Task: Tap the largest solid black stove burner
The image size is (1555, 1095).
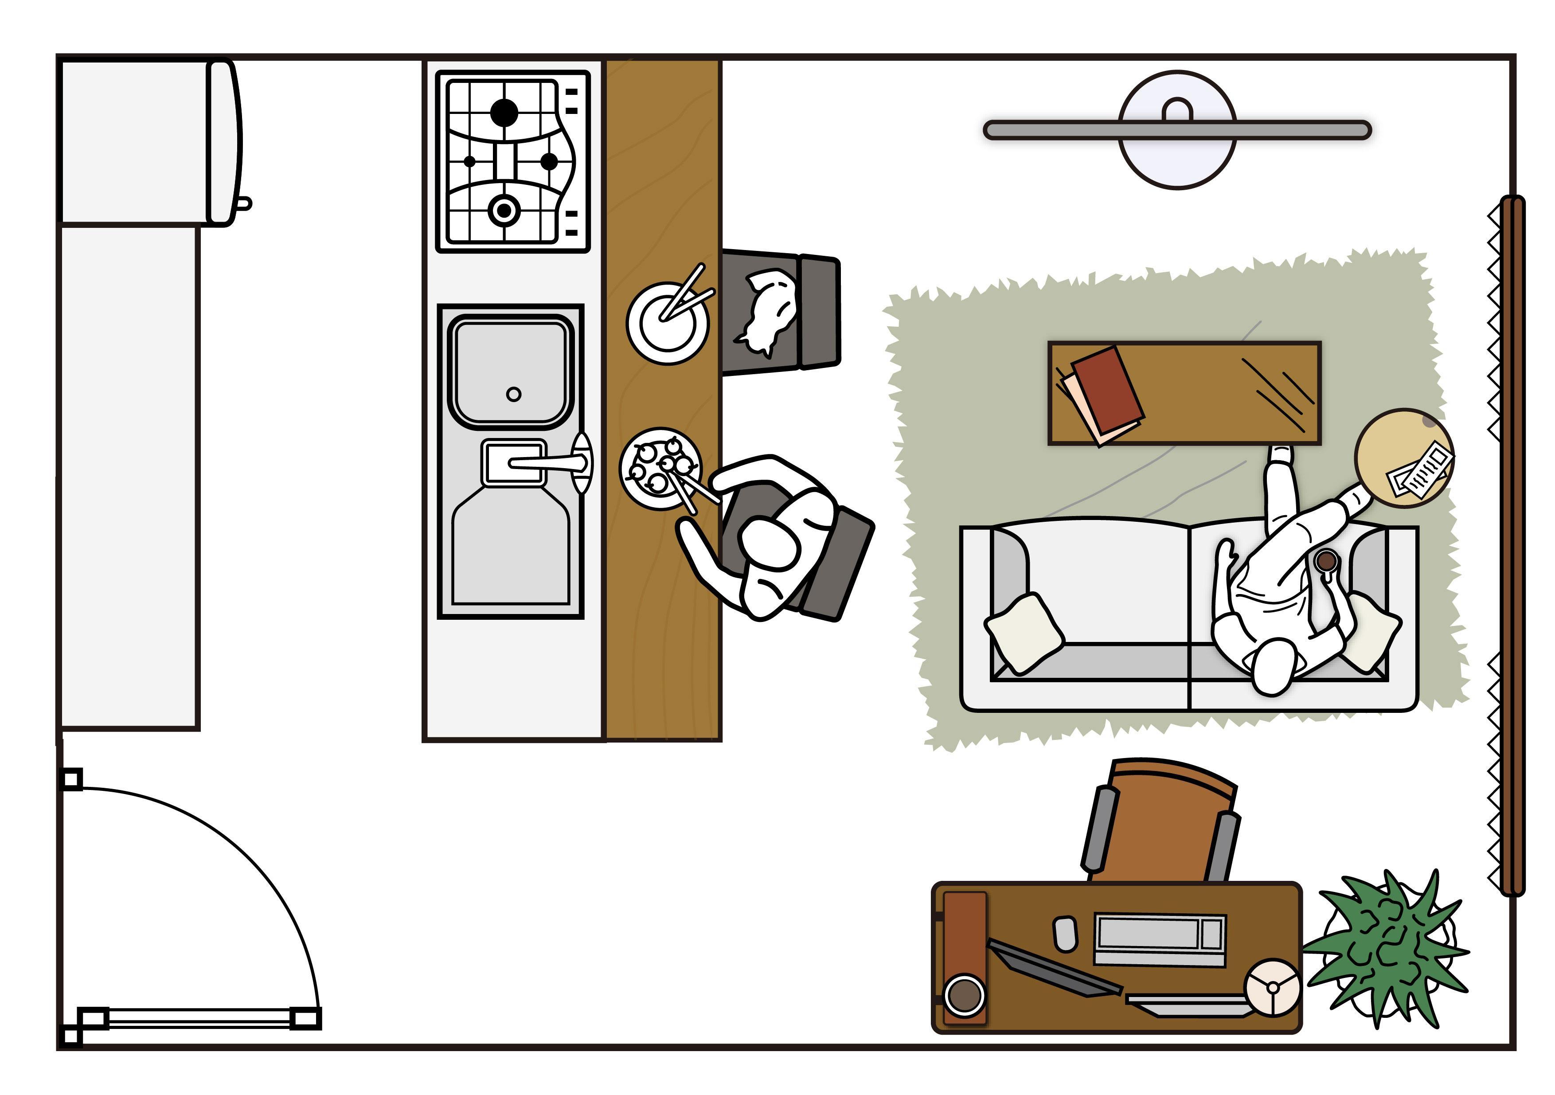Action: tap(504, 113)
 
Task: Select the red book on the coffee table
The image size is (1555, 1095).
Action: tap(1107, 390)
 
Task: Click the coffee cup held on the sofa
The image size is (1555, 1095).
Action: tap(1325, 561)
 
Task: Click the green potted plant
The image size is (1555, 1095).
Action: tap(1385, 948)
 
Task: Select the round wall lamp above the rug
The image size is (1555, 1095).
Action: tap(1177, 129)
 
